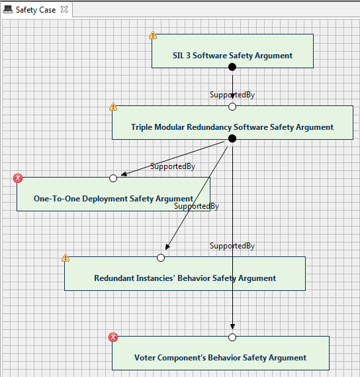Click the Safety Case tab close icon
(64, 10)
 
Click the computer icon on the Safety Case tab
(8, 10)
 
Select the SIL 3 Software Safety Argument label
(232, 56)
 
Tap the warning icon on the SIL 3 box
(153, 35)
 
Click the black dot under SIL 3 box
(232, 67)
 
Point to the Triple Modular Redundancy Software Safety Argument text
(232, 127)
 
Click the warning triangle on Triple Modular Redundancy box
(113, 107)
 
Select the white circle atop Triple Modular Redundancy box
(232, 107)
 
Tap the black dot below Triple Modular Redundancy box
(232, 138)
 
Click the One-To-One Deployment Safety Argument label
(113, 199)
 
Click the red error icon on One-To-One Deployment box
(18, 178)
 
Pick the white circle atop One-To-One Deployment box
(113, 178)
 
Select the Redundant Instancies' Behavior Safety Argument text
(185, 278)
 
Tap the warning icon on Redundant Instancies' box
(66, 258)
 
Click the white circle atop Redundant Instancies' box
(161, 258)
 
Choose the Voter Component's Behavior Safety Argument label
(220, 358)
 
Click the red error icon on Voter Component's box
(113, 337)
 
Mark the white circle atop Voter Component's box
(232, 337)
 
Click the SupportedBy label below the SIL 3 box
(232, 95)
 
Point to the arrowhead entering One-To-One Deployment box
(124, 174)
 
